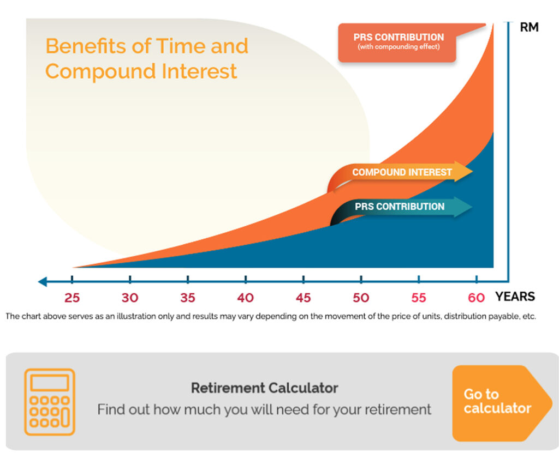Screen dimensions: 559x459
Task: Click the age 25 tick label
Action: (72, 298)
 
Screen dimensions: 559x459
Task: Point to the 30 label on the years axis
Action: (130, 298)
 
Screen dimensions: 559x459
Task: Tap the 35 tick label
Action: (188, 298)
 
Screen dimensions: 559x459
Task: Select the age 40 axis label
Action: (245, 298)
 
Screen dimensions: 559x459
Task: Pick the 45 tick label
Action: (303, 298)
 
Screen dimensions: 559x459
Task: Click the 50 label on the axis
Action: (361, 298)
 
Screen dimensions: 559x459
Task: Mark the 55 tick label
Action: (419, 298)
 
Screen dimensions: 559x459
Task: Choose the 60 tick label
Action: (476, 298)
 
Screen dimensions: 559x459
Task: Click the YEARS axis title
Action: (515, 297)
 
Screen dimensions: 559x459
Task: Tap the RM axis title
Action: (529, 27)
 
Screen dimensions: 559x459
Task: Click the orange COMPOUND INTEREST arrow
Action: (399, 172)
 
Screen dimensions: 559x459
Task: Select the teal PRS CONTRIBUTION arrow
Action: (401, 207)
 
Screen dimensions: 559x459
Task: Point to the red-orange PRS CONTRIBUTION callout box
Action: (397, 43)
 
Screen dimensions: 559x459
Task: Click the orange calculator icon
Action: (50, 402)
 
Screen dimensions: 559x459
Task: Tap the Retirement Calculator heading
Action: (265, 388)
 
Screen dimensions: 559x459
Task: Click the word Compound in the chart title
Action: (100, 71)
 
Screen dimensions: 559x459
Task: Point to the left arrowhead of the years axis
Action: (42, 281)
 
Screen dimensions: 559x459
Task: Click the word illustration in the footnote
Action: (136, 316)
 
